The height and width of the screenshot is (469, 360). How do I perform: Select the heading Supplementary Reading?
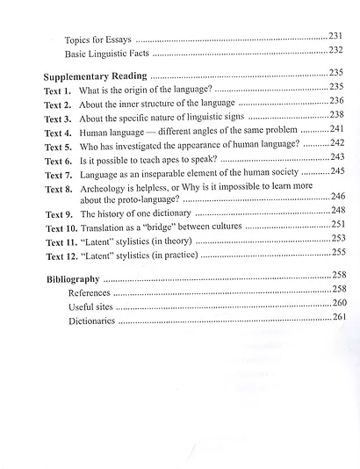pos(96,76)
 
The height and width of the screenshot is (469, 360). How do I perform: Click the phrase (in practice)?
pos(174,255)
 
